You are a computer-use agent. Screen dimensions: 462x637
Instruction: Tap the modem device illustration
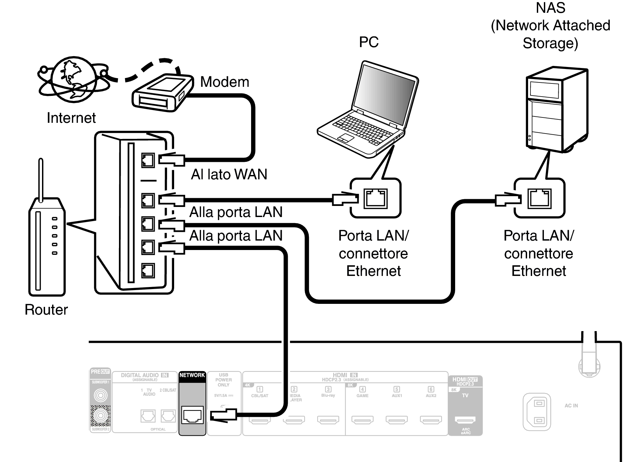(162, 93)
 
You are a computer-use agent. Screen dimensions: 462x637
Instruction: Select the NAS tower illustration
(556, 109)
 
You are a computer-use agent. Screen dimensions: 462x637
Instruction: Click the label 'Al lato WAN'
(229, 174)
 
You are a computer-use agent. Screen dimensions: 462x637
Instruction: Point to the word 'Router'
(46, 310)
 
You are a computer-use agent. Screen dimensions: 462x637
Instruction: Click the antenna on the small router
(41, 180)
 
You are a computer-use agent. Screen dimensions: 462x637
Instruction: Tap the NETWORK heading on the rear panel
(192, 375)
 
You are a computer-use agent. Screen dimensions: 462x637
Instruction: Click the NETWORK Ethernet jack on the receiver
(192, 415)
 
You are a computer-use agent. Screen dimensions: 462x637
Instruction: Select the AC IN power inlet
(537, 412)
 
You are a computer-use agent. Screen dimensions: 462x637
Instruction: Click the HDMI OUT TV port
(465, 420)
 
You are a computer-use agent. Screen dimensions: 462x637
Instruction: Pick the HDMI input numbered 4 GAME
(362, 420)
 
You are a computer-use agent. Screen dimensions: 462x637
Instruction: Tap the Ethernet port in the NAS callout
(540, 198)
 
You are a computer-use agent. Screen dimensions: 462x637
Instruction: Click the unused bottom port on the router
(148, 270)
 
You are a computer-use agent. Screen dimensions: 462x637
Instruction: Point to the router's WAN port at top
(148, 160)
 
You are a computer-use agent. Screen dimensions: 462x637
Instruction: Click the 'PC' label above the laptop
(368, 42)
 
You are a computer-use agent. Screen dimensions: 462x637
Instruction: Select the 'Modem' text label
(225, 82)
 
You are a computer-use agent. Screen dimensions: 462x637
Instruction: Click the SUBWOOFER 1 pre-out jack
(100, 395)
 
